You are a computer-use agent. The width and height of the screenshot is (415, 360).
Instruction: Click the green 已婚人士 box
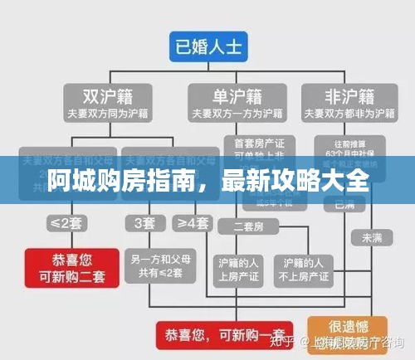(207, 46)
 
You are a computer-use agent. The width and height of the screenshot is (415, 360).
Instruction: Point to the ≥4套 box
(192, 222)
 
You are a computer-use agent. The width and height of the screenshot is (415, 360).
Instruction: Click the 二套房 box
(248, 226)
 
